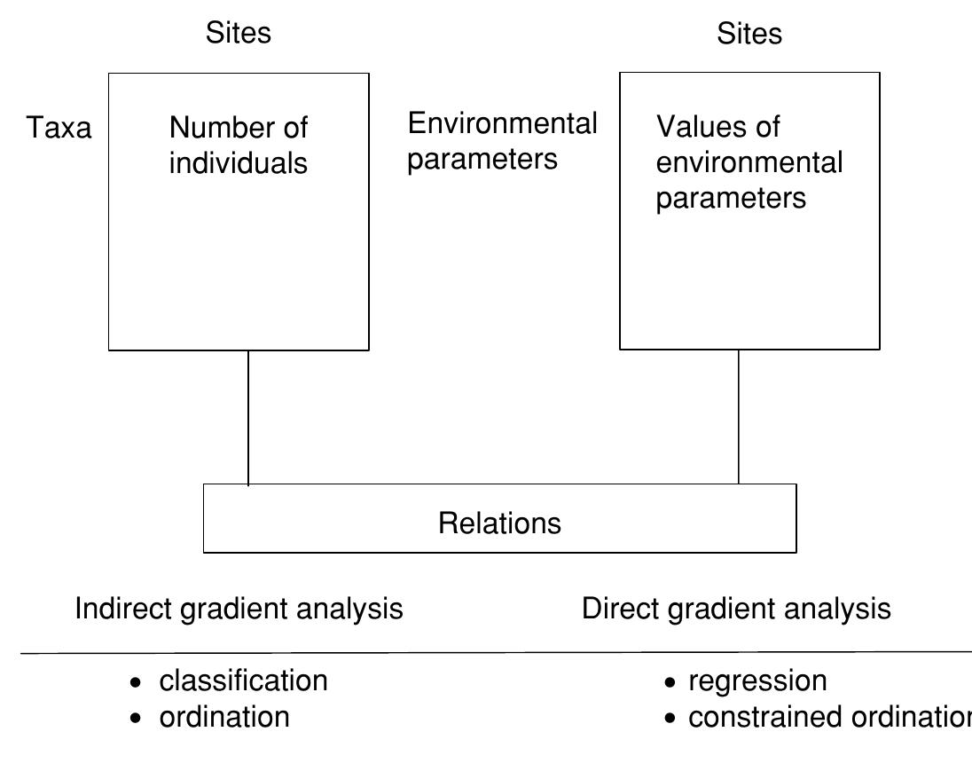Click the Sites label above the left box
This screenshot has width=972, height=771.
(239, 33)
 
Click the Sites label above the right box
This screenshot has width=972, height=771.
(749, 34)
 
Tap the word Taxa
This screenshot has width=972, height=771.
(59, 129)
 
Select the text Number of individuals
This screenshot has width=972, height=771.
(238, 146)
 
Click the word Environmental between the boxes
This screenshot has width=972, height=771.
(502, 123)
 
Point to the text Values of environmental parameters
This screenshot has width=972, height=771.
(749, 162)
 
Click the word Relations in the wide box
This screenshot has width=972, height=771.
(499, 523)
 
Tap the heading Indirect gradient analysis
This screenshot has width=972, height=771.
(239, 609)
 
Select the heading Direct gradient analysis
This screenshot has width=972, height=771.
(736, 609)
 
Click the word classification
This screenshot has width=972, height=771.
(243, 681)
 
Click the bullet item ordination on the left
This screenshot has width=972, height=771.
(223, 716)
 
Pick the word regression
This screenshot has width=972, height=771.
(757, 681)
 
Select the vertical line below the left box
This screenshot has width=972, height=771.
(248, 417)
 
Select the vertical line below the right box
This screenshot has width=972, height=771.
(739, 417)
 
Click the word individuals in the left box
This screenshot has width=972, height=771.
(238, 163)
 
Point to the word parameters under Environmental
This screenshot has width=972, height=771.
(482, 159)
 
